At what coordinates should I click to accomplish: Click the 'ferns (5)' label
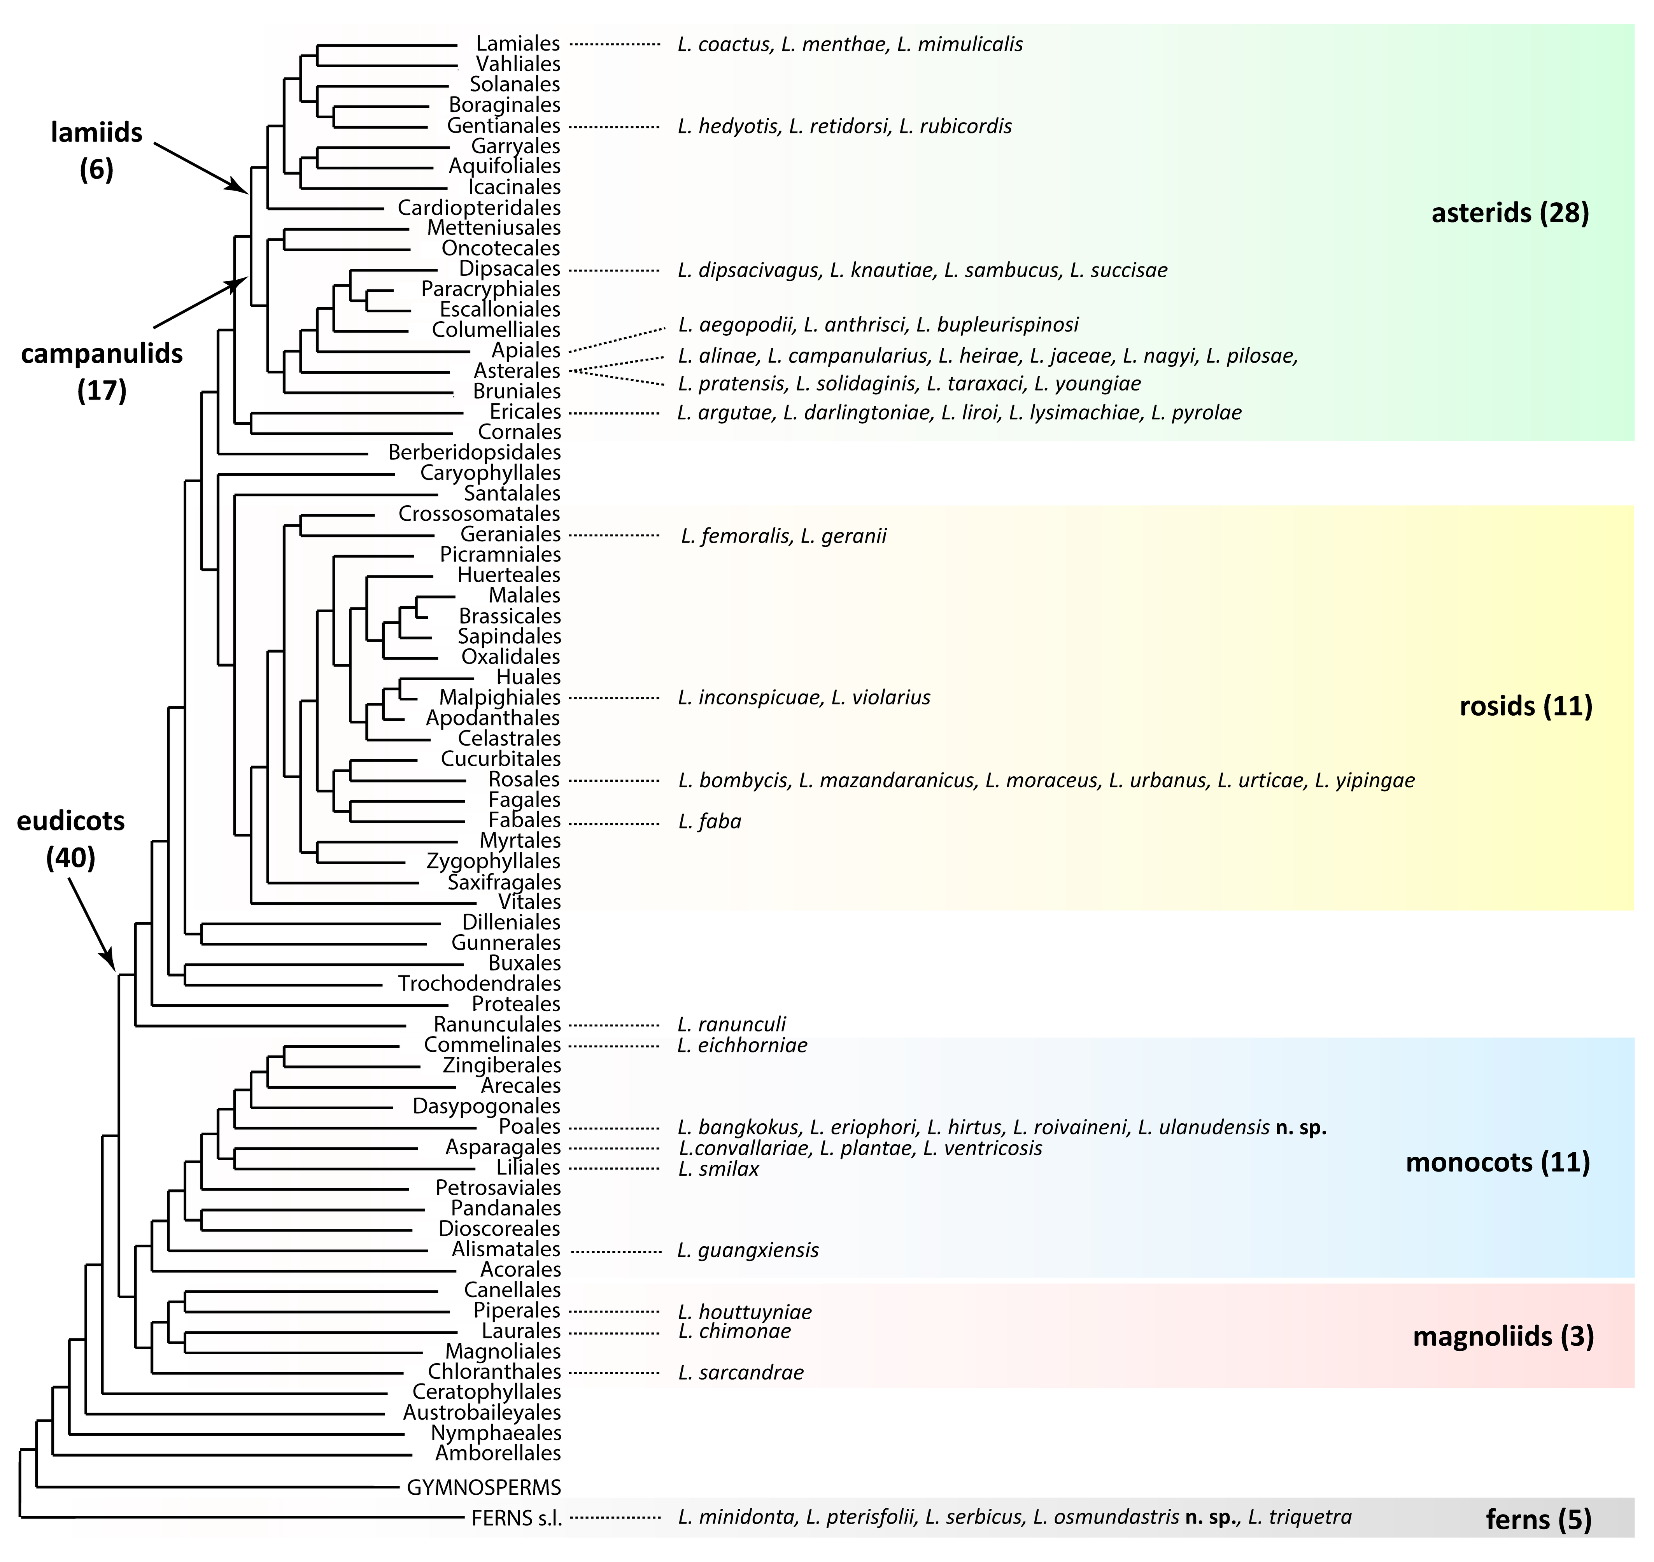(x=1538, y=1520)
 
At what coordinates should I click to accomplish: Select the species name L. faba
(x=710, y=822)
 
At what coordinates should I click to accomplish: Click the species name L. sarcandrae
(x=740, y=1372)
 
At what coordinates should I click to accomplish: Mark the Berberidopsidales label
(x=474, y=452)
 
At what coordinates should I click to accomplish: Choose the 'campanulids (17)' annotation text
(x=102, y=371)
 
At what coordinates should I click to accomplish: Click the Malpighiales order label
(x=500, y=698)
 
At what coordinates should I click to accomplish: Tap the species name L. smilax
(x=718, y=1169)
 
